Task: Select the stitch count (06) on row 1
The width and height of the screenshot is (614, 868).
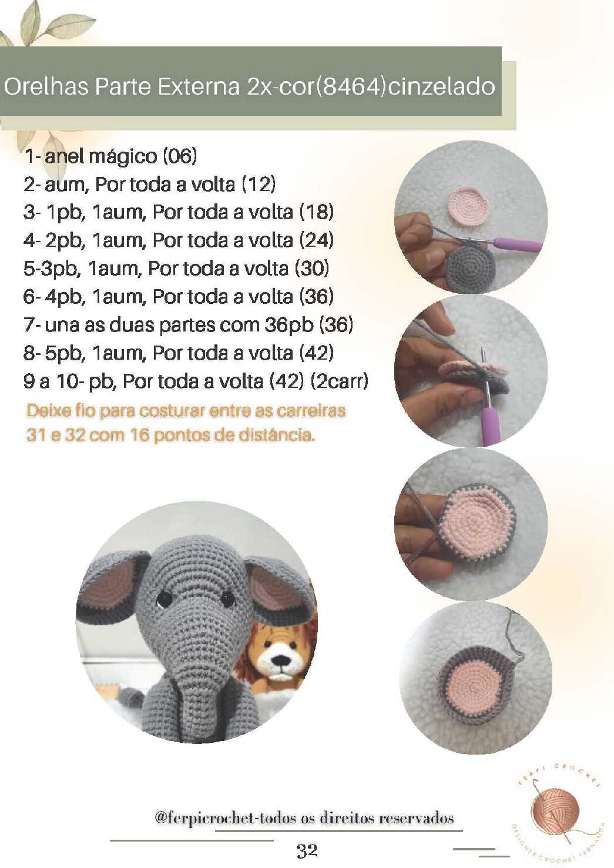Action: coord(180,156)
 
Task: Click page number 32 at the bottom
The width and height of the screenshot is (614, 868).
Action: coord(307,851)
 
